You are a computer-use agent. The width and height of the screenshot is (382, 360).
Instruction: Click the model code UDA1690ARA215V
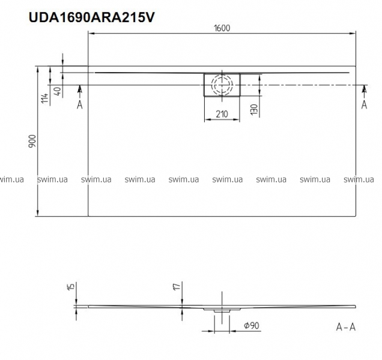click(x=92, y=17)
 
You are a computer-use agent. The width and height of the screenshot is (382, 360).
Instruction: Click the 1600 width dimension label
click(x=222, y=28)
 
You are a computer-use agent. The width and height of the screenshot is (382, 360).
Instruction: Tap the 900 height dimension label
click(x=32, y=141)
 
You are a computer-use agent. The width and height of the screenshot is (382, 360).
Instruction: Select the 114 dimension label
click(x=44, y=98)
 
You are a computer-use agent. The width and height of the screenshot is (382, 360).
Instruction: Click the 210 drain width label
click(x=222, y=114)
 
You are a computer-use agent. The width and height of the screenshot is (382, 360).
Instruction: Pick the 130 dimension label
click(x=254, y=110)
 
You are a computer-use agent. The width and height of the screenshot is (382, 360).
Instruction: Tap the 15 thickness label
click(x=70, y=286)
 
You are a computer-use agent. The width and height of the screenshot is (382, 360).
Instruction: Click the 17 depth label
click(x=178, y=286)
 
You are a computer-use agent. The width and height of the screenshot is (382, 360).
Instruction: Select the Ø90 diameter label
click(x=252, y=325)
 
